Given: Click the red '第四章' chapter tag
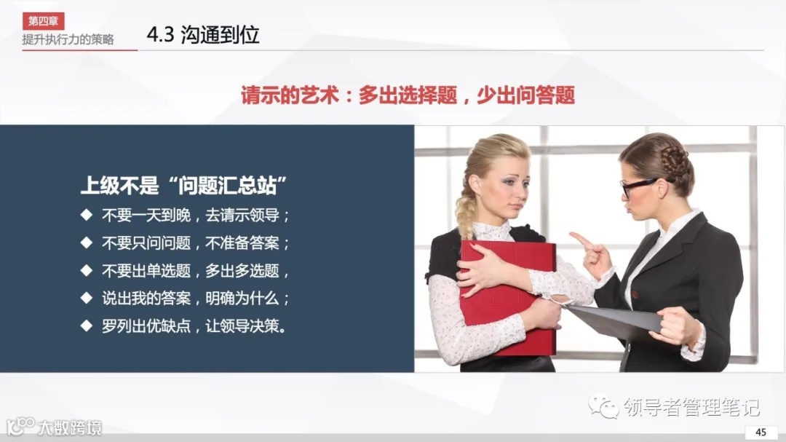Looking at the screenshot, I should [x=43, y=21].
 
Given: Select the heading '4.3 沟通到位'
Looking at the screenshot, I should [x=203, y=35].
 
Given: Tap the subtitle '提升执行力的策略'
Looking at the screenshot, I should [x=68, y=39].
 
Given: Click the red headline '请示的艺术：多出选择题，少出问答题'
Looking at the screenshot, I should [x=408, y=95].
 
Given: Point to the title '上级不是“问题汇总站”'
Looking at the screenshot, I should [x=182, y=186].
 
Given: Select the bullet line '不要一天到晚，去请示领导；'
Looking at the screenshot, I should [x=196, y=216].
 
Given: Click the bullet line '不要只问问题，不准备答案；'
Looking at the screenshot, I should [x=196, y=243].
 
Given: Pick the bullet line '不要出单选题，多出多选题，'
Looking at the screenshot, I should [x=196, y=271].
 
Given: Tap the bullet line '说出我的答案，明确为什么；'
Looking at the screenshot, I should [x=196, y=299].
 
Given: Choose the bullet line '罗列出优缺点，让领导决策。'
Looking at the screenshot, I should [x=194, y=326].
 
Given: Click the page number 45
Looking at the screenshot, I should [x=761, y=432].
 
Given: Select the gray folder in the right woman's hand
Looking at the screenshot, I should [x=611, y=320].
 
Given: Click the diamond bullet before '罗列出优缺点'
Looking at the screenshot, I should [x=87, y=325].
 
